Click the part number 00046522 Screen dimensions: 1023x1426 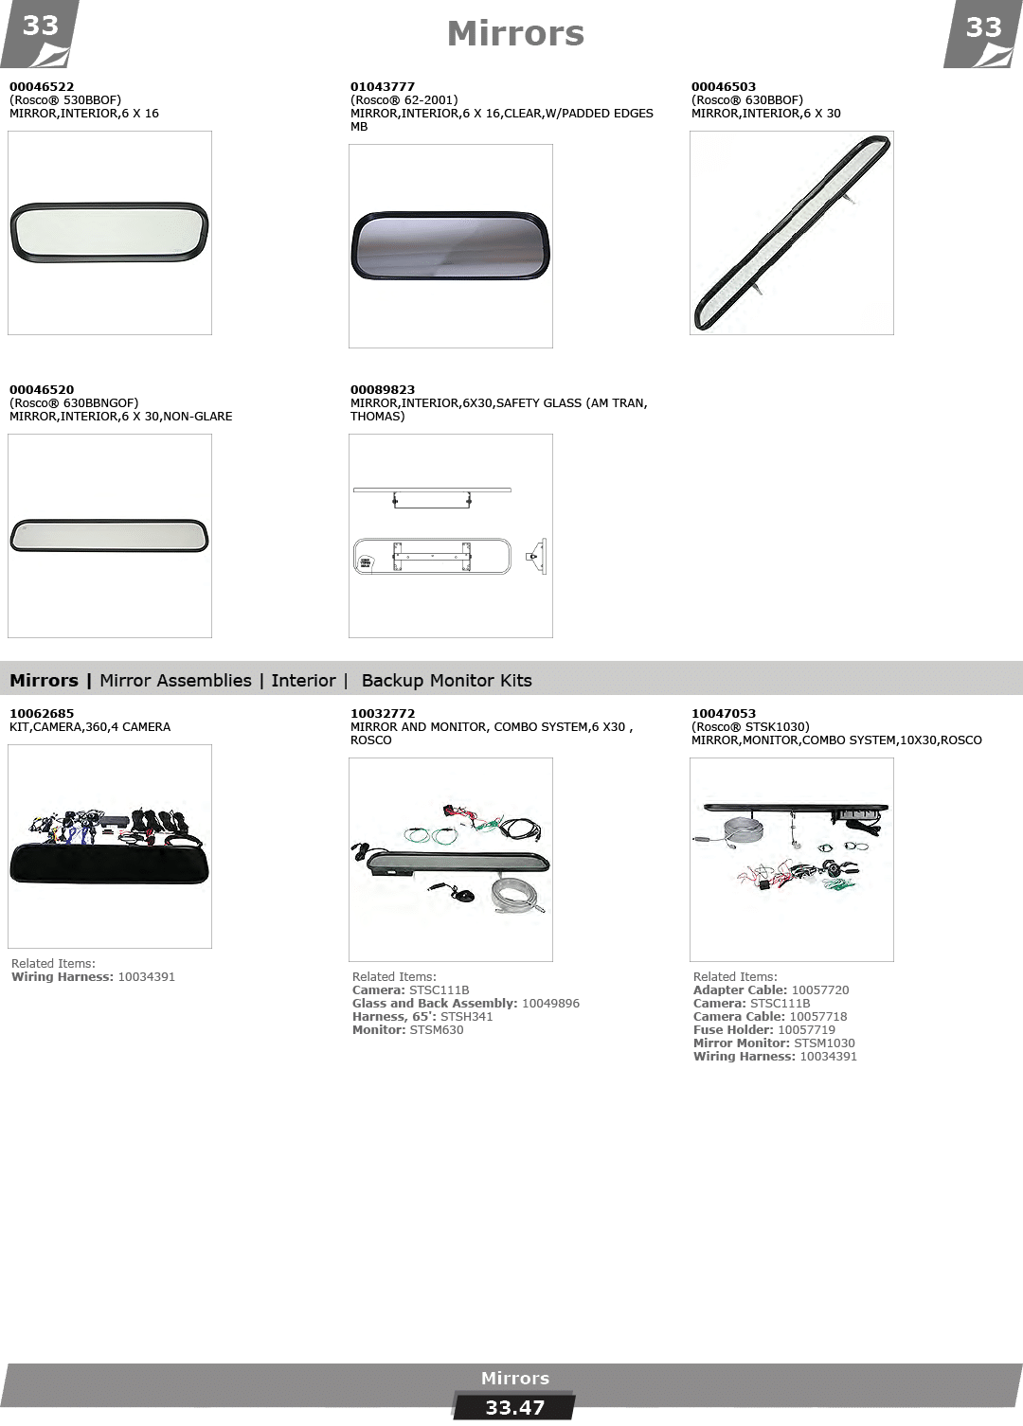tap(42, 86)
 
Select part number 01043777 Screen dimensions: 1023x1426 tap(382, 86)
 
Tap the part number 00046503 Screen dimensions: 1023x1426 tap(724, 86)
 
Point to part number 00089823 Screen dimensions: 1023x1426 tap(382, 389)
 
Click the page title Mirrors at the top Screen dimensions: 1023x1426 tap(515, 33)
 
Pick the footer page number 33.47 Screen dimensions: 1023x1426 tap(514, 1408)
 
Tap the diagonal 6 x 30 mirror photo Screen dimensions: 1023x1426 tap(792, 233)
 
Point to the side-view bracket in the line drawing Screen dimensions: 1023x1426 tap(537, 557)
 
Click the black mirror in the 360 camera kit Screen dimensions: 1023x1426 tap(110, 863)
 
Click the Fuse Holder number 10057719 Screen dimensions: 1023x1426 tap(806, 1029)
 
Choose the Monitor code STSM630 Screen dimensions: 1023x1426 tap(437, 1029)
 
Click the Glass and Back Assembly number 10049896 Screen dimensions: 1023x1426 tap(550, 1004)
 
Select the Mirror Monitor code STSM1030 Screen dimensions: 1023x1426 tap(824, 1043)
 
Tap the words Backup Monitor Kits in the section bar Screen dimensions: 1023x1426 tap(446, 681)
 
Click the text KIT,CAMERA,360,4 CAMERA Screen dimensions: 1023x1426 tap(90, 727)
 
